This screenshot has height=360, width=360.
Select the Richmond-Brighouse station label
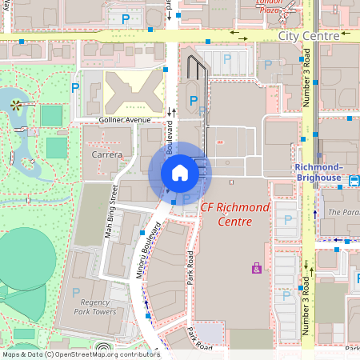(318, 171)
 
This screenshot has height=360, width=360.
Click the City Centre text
(309, 36)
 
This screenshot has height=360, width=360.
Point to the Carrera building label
(106, 154)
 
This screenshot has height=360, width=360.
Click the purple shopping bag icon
(256, 268)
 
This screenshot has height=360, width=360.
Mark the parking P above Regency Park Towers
(76, 293)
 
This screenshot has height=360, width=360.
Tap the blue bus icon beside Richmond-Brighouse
(353, 182)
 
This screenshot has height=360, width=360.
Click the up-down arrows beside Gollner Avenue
(170, 112)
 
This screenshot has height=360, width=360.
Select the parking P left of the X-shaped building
(76, 89)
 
